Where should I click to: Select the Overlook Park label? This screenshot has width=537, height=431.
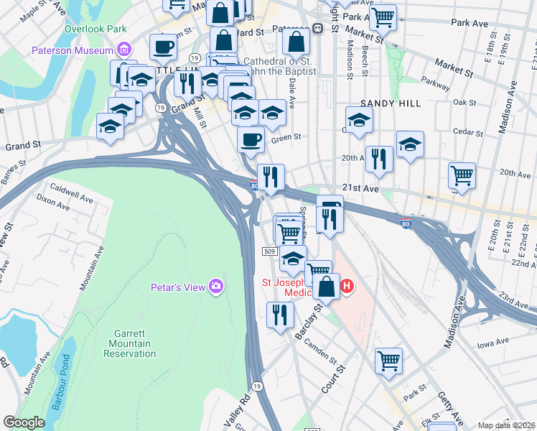(95, 29)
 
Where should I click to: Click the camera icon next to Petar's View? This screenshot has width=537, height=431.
(216, 287)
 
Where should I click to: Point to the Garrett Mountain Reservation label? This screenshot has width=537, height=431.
(132, 343)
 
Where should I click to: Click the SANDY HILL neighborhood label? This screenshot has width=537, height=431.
(391, 103)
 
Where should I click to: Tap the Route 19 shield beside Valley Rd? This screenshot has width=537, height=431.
(257, 386)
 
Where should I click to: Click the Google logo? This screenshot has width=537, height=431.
(24, 422)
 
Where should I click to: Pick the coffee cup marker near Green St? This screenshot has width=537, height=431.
(251, 140)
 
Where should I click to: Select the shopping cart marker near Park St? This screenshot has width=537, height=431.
(388, 361)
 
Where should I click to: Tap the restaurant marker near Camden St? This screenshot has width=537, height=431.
(280, 315)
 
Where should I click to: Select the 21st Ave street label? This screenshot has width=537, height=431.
(360, 187)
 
